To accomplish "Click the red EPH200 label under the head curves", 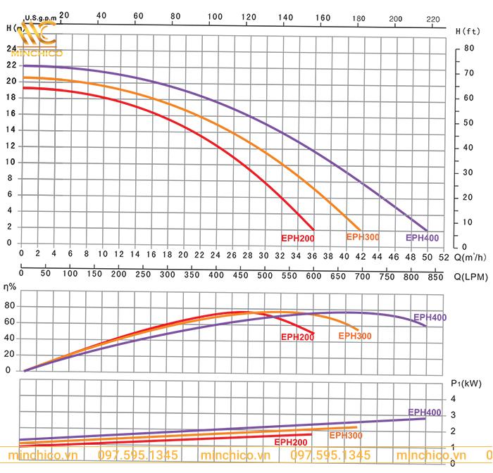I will pos(297,238).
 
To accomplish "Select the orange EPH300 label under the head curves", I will pos(363,237).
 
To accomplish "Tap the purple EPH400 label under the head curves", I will pos(422,238).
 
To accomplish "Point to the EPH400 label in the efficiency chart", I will pos(430,317).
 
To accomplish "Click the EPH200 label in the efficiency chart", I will pos(297,337).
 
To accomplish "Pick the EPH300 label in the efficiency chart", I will pos(355,336).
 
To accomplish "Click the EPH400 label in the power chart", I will pos(425,412).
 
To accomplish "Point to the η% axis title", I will pos(11,288).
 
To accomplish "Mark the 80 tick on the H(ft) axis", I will pos(469,48).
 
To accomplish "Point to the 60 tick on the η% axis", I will pos(9,322).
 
